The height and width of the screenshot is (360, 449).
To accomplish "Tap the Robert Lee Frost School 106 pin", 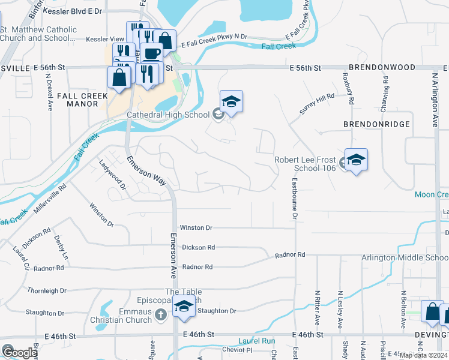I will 356,160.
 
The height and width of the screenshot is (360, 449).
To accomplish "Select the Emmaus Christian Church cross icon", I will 160,314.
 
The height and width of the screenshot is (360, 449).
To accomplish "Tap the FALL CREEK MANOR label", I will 83,100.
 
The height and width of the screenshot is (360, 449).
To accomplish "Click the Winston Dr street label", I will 196,228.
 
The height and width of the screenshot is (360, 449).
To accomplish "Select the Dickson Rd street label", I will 198,247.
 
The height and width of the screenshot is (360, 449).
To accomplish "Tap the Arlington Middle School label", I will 405,258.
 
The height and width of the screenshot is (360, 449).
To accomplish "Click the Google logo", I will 19,352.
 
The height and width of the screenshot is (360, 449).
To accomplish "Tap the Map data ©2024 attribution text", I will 423,355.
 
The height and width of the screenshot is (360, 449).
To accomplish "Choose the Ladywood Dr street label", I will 112,175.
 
